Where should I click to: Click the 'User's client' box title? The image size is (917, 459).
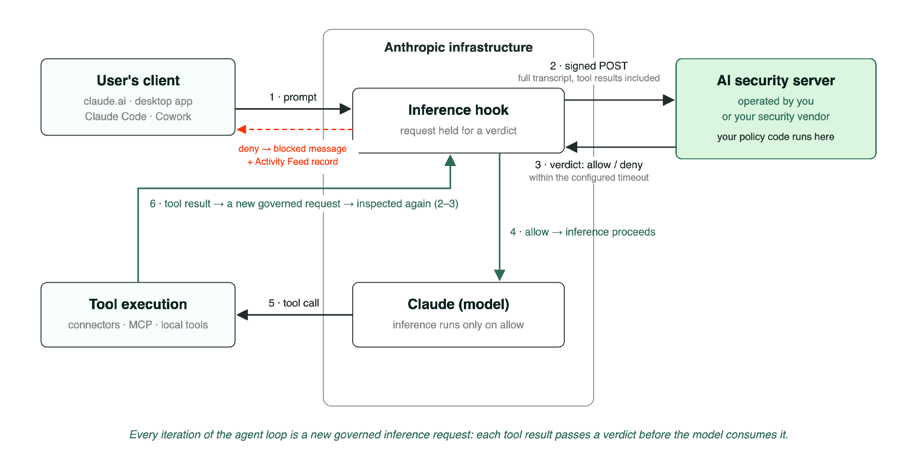click(138, 80)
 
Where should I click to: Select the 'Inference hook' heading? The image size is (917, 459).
click(458, 110)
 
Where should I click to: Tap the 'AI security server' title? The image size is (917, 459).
click(776, 80)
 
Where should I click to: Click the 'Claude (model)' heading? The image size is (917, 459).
click(458, 304)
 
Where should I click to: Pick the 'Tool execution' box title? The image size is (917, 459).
click(138, 304)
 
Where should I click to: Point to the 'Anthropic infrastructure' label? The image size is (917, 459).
click(458, 47)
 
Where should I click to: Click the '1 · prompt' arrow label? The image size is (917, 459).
click(293, 97)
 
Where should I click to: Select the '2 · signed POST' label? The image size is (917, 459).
click(589, 66)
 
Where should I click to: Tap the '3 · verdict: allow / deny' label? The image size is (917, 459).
click(589, 165)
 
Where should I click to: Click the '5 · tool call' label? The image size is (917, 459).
click(294, 303)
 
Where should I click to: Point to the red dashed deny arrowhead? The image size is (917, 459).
click(242, 129)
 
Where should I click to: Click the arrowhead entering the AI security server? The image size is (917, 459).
click(669, 100)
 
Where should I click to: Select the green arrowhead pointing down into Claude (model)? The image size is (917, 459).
click(500, 275)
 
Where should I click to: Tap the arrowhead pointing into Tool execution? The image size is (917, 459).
click(242, 315)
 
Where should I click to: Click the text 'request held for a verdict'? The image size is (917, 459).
click(458, 131)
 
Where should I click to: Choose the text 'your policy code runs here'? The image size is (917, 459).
click(776, 137)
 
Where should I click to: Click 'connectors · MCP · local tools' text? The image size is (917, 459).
click(138, 325)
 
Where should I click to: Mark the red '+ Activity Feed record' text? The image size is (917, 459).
click(293, 162)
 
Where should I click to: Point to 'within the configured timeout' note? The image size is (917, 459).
click(589, 178)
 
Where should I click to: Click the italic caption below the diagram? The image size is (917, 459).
click(458, 434)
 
